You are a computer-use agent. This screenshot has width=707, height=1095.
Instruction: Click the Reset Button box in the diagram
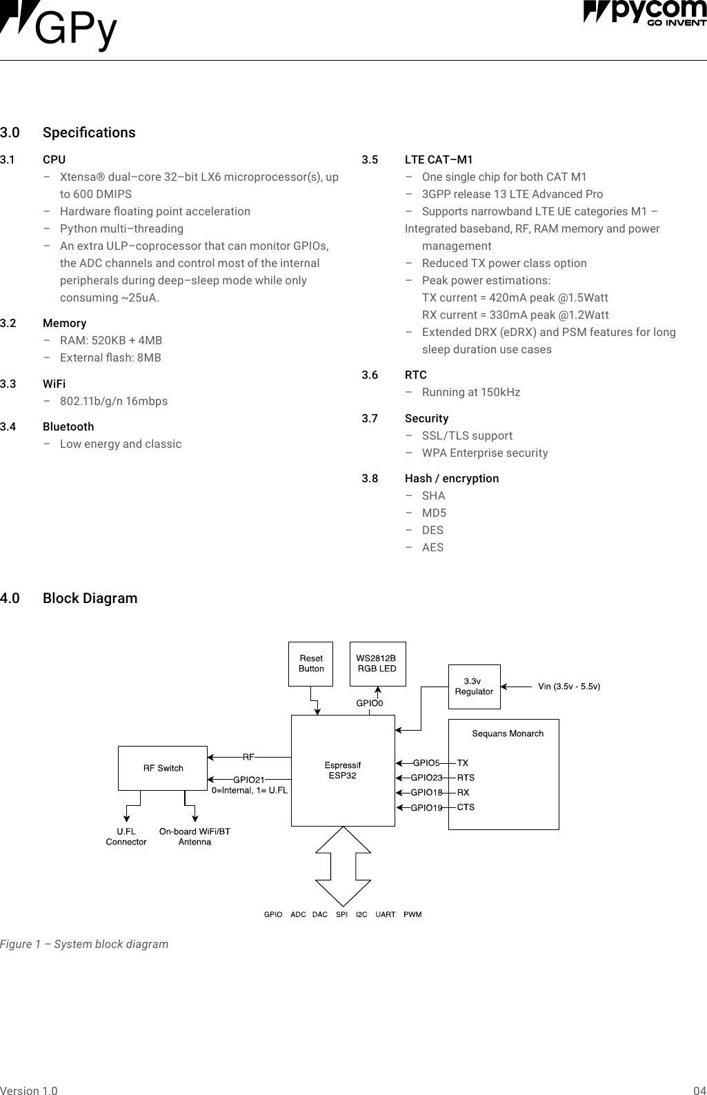tap(310, 664)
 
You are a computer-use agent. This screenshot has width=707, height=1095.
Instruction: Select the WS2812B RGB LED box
tap(377, 664)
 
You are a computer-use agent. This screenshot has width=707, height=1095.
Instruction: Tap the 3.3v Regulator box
tap(474, 687)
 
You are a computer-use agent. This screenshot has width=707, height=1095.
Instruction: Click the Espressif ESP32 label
tap(343, 770)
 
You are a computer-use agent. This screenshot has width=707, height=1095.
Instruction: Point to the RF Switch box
tap(163, 768)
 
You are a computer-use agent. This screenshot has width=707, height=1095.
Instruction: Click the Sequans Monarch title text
tap(508, 733)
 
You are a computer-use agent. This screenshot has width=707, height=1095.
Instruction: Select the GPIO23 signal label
tap(426, 778)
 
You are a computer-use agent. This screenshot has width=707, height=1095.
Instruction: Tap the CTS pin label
tap(466, 807)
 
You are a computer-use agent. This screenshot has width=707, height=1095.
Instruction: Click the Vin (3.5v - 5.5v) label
tap(569, 687)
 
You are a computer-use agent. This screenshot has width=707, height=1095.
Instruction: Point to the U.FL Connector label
tap(126, 836)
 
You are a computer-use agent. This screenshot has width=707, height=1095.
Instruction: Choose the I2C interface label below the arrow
tap(361, 914)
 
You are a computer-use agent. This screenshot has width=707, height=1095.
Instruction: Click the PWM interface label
tap(412, 914)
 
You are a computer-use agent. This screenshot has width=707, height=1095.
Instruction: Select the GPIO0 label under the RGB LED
tap(369, 703)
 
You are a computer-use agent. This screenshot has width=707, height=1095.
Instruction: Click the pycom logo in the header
tap(644, 14)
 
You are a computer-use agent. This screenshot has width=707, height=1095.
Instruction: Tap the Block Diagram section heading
tap(90, 598)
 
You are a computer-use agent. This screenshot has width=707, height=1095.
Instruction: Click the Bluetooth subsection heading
tap(68, 426)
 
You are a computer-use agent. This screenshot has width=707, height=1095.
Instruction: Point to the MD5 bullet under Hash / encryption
tap(434, 513)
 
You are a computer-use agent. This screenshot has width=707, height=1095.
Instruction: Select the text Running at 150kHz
tap(471, 392)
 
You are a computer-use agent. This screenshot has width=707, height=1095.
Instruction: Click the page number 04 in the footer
tap(699, 1091)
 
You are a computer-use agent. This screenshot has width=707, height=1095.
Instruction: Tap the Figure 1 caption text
tap(84, 944)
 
